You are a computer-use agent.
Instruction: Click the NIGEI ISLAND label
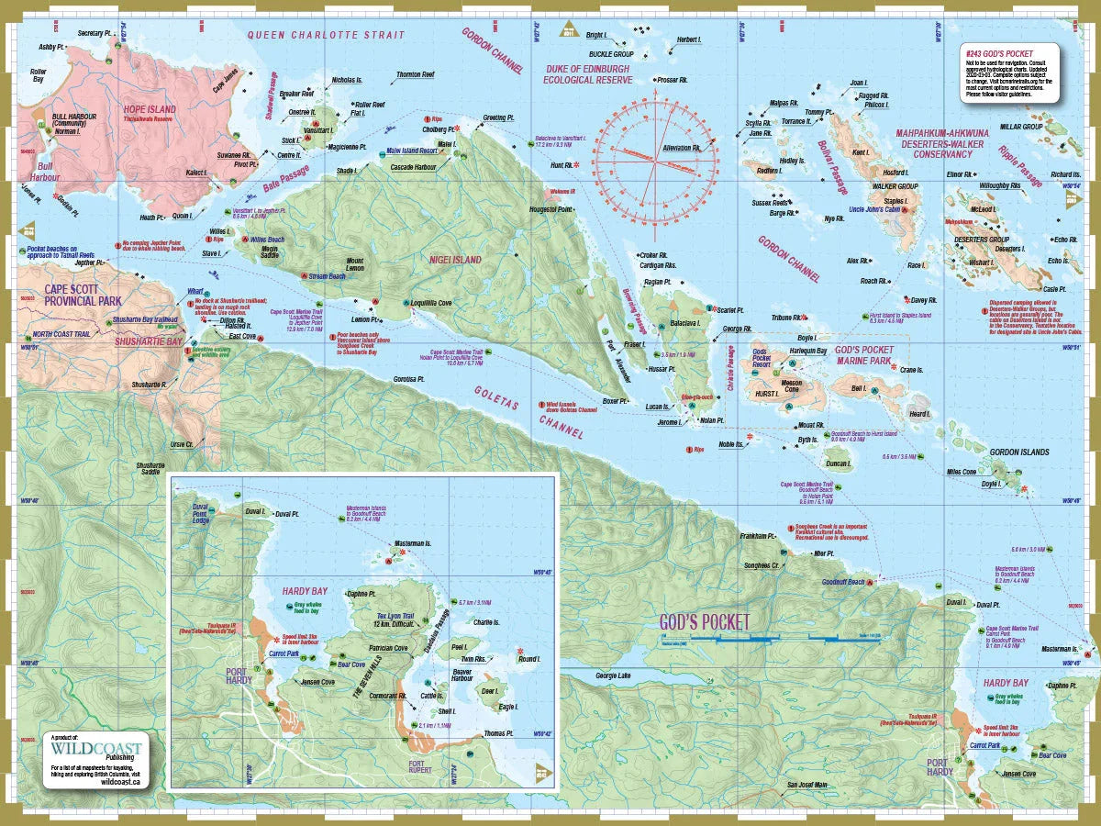(455, 260)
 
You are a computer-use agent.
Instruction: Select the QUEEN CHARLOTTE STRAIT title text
(326, 35)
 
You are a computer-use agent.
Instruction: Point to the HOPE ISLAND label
(150, 109)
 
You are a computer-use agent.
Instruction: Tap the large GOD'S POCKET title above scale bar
(705, 621)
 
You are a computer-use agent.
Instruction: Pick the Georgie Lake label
(613, 676)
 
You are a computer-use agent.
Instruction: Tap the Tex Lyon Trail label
(395, 616)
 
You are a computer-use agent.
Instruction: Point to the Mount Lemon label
(355, 263)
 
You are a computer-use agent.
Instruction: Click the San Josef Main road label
(807, 785)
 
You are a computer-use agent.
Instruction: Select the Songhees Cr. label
(762, 565)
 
